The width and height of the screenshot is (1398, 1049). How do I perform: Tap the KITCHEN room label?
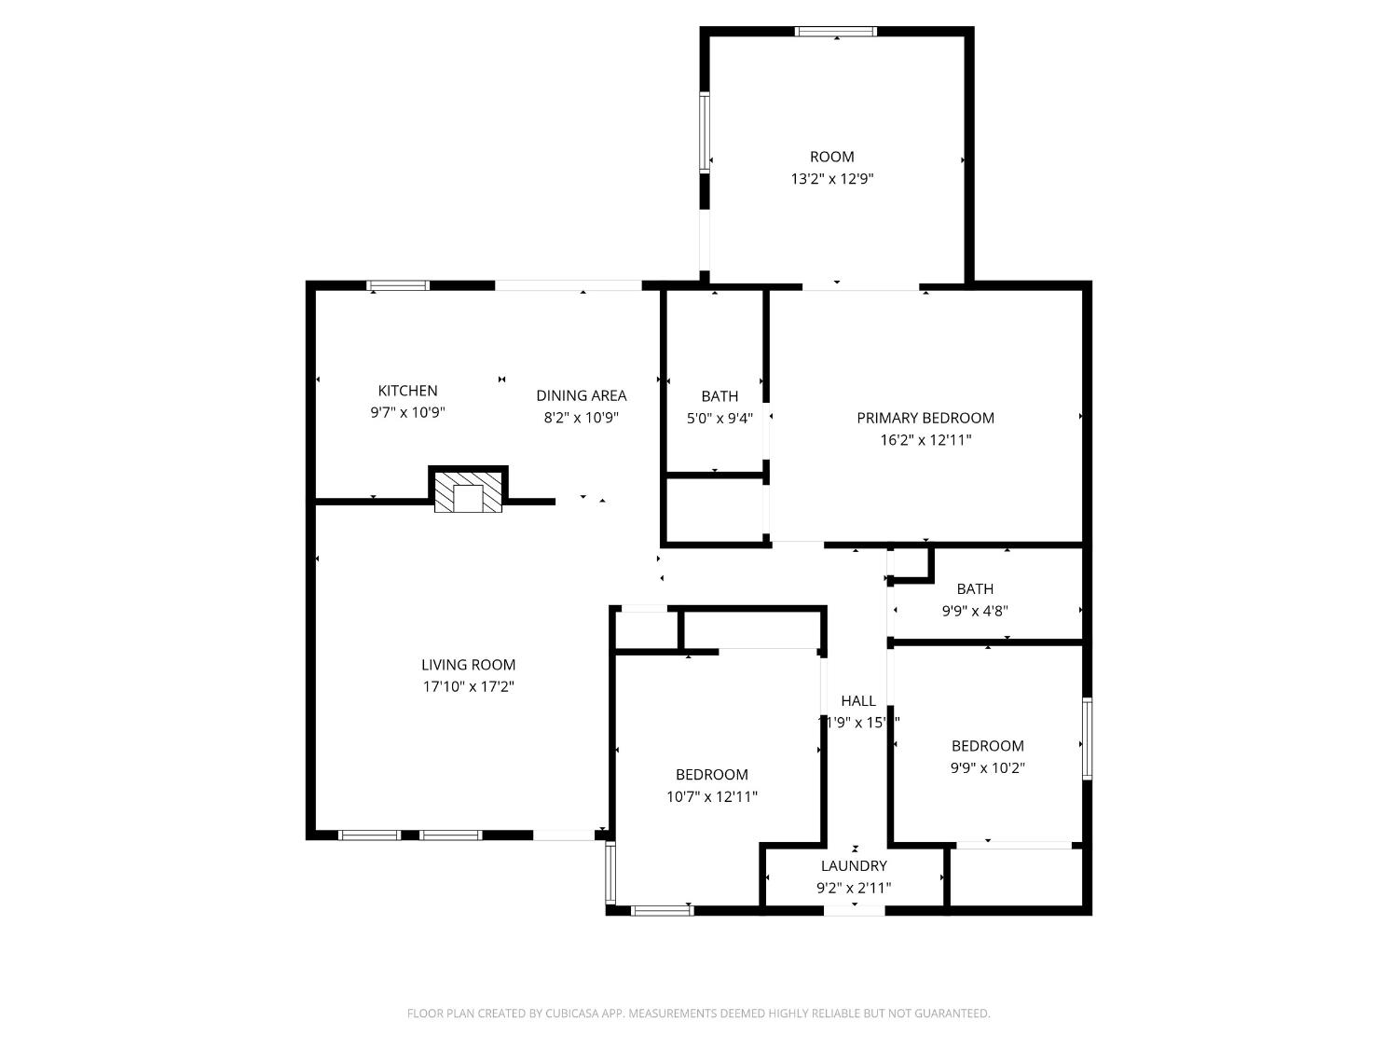click(407, 391)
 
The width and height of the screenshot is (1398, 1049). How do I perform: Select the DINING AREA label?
click(581, 395)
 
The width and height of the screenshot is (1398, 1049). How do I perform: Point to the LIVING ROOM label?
click(468, 665)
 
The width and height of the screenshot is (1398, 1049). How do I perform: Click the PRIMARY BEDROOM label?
click(925, 418)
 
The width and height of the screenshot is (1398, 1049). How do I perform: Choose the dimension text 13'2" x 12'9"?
click(831, 179)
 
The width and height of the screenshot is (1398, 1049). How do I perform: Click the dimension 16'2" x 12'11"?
click(925, 440)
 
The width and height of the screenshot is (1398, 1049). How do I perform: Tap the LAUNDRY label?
click(854, 866)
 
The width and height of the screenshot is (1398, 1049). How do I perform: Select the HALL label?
click(857, 701)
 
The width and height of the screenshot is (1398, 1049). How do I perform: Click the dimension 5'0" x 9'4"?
click(719, 419)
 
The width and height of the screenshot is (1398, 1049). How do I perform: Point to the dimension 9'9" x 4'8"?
click(975, 612)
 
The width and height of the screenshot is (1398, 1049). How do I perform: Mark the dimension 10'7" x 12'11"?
click(711, 797)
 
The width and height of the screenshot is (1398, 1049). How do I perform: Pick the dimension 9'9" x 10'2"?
click(988, 768)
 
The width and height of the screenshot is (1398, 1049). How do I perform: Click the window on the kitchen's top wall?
click(398, 285)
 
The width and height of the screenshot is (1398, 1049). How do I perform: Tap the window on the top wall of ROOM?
click(835, 32)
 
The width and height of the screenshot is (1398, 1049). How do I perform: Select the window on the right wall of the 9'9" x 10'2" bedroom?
click(1087, 738)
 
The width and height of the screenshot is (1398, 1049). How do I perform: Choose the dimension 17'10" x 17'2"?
click(468, 687)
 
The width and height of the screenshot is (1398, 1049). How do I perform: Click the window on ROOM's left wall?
click(705, 132)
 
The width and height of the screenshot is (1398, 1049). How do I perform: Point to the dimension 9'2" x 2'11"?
click(854, 889)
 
